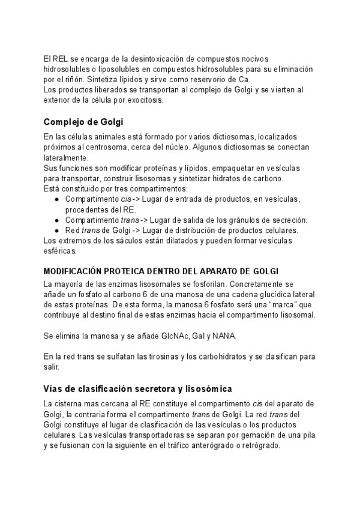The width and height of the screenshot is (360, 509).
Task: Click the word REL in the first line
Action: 59,58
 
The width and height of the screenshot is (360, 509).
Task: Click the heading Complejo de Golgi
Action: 83,122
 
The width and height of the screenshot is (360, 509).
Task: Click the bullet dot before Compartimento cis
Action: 56,199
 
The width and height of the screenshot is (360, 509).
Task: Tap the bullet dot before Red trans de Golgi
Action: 56,230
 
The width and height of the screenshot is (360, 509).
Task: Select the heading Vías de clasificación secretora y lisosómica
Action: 138,389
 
